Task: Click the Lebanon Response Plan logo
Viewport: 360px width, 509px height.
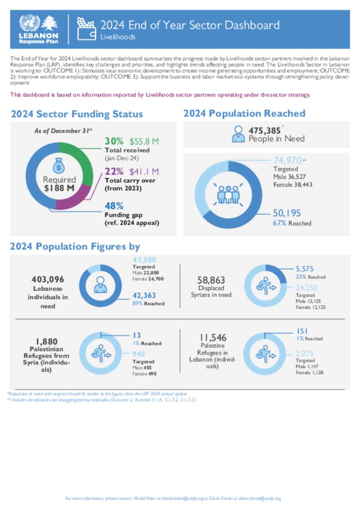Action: pyautogui.click(x=39, y=30)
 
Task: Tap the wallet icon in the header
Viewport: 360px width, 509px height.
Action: pyautogui.click(x=86, y=29)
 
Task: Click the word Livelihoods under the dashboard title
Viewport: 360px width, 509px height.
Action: pyautogui.click(x=118, y=37)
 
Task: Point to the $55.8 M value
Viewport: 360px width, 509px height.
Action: pyautogui.click(x=144, y=142)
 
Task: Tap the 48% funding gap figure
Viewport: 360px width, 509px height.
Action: pyautogui.click(x=114, y=206)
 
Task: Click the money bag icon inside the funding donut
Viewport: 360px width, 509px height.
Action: pyautogui.click(x=59, y=166)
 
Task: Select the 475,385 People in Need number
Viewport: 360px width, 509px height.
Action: pyautogui.click(x=264, y=131)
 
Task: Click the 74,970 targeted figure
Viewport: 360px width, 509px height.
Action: pyautogui.click(x=288, y=161)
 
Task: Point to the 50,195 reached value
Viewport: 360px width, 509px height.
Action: pyautogui.click(x=287, y=213)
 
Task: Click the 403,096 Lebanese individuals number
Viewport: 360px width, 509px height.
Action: pyautogui.click(x=48, y=280)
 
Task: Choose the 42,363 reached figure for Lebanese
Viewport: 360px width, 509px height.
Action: pyautogui.click(x=144, y=296)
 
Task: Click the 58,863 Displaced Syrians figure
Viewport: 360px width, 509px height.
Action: pyautogui.click(x=211, y=280)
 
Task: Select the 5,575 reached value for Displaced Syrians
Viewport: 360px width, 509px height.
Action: pyautogui.click(x=304, y=269)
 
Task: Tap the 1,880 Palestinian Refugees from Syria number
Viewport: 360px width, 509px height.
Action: pyautogui.click(x=46, y=341)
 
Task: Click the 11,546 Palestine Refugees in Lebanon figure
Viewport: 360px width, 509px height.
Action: pyautogui.click(x=213, y=338)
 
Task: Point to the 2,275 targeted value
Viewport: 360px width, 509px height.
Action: pyautogui.click(x=304, y=353)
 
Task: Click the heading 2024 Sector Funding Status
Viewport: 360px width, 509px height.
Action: pyautogui.click(x=77, y=114)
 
